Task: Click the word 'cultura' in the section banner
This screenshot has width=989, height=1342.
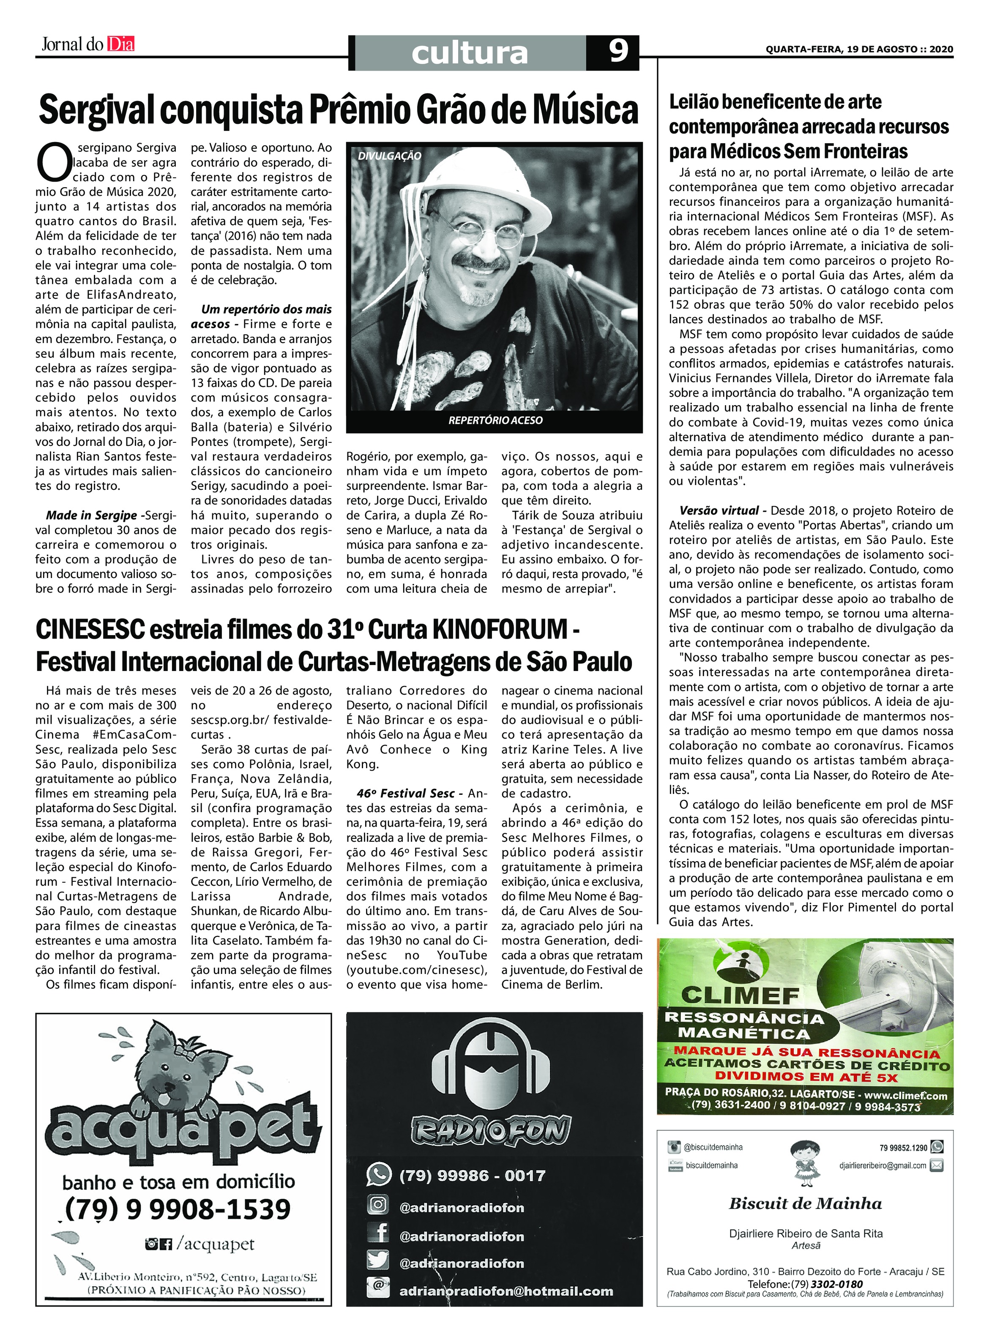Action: pos(470,53)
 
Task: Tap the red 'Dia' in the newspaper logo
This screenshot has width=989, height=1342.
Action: pos(121,44)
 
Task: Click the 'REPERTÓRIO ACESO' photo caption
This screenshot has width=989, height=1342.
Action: pos(495,420)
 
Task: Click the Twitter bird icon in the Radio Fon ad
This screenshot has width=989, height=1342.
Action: pos(378,1261)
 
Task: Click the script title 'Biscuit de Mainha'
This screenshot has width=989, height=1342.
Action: pos(805,1204)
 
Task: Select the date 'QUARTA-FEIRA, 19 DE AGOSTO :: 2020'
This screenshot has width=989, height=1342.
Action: pos(859,49)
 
